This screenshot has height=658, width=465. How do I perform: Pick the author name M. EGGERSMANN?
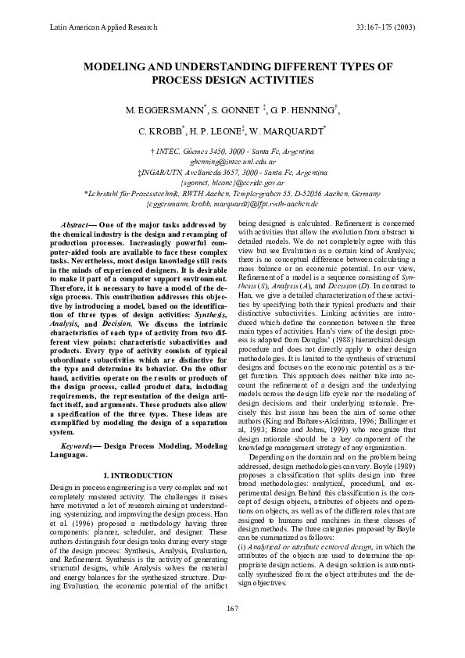166,110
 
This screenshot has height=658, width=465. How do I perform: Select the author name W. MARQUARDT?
297,132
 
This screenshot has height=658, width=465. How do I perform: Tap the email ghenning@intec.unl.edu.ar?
232,159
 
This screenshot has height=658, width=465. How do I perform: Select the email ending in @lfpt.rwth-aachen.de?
232,203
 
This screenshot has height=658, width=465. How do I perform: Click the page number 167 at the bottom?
232,629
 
